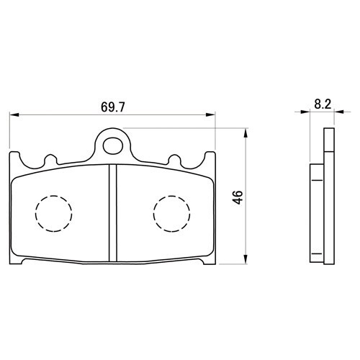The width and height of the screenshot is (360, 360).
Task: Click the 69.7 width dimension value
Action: (113, 107)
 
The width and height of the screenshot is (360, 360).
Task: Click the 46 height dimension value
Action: (238, 197)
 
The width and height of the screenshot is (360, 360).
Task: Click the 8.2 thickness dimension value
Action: (323, 104)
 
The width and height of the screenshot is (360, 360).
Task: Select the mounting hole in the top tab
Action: (113, 146)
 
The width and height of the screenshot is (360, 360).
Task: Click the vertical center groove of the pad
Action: (113, 213)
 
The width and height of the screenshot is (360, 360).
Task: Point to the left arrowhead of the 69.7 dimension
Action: (14, 114)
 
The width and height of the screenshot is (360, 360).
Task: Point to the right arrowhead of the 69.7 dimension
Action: (211, 114)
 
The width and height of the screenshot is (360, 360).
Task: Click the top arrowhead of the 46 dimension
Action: (245, 132)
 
